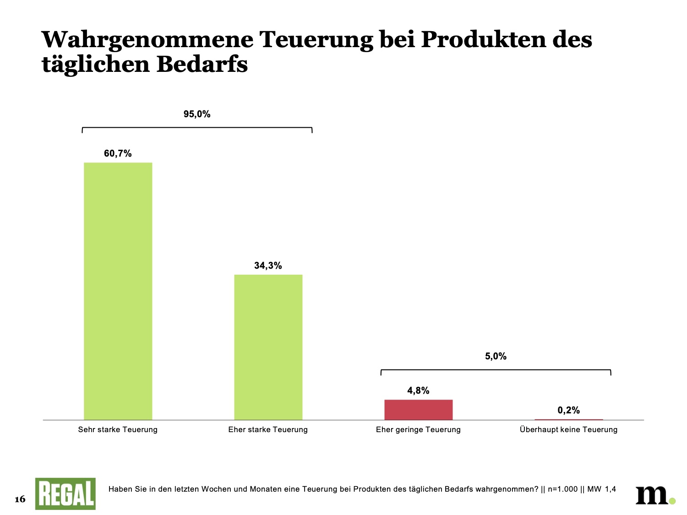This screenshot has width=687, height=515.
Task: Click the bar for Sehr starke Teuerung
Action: click(x=118, y=291)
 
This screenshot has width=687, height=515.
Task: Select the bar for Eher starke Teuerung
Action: click(x=268, y=347)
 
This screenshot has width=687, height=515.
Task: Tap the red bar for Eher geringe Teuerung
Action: click(x=418, y=410)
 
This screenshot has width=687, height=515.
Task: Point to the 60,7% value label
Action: click(x=118, y=154)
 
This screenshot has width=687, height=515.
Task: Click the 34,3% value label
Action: click(x=268, y=266)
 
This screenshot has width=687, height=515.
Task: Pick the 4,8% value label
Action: click(x=418, y=391)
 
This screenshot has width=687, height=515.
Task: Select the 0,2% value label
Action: click(x=568, y=411)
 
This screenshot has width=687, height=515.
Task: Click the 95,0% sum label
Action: click(x=197, y=114)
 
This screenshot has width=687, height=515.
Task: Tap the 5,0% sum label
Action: click(x=496, y=357)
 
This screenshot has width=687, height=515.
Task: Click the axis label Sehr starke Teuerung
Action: click(x=118, y=430)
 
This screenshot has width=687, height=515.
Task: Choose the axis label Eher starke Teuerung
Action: click(x=268, y=430)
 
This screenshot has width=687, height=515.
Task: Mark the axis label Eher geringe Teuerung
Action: click(x=418, y=430)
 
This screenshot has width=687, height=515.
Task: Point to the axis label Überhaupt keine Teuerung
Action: click(x=568, y=430)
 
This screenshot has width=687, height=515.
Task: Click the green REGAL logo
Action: click(x=65, y=494)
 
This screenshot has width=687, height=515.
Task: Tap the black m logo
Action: click(x=653, y=495)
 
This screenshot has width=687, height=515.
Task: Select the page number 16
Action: click(x=20, y=499)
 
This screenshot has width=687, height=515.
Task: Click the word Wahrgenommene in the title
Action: click(x=147, y=40)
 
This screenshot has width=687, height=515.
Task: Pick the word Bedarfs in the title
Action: click(x=202, y=65)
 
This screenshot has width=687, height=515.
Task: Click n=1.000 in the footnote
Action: click(x=563, y=489)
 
